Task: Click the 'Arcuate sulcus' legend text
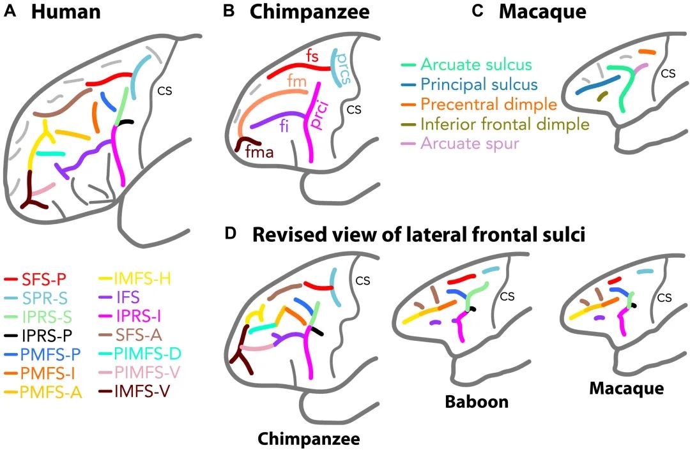pyautogui.click(x=476, y=65)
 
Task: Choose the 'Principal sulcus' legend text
pyautogui.click(x=479, y=84)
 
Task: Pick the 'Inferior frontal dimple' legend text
pyautogui.click(x=504, y=123)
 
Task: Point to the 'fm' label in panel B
pyautogui.click(x=296, y=81)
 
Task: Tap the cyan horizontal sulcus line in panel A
pyautogui.click(x=50, y=153)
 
